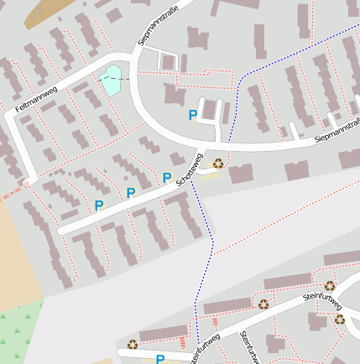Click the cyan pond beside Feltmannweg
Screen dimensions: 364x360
click(110, 80)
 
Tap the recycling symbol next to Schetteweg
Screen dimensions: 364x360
click(218, 164)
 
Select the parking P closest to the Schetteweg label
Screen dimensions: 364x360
click(167, 177)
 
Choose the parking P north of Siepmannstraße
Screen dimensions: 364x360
click(193, 115)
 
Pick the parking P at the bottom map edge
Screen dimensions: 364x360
click(160, 359)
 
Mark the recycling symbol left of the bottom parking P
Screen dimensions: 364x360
click(132, 343)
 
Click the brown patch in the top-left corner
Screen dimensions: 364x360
click(47, 13)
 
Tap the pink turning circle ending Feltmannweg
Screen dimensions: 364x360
click(26, 182)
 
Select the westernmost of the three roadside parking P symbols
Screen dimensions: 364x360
click(98, 205)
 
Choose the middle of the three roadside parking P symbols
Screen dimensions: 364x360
click(130, 193)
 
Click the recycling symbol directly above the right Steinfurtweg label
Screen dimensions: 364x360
click(329, 286)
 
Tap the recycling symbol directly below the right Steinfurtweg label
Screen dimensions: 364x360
click(339, 319)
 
